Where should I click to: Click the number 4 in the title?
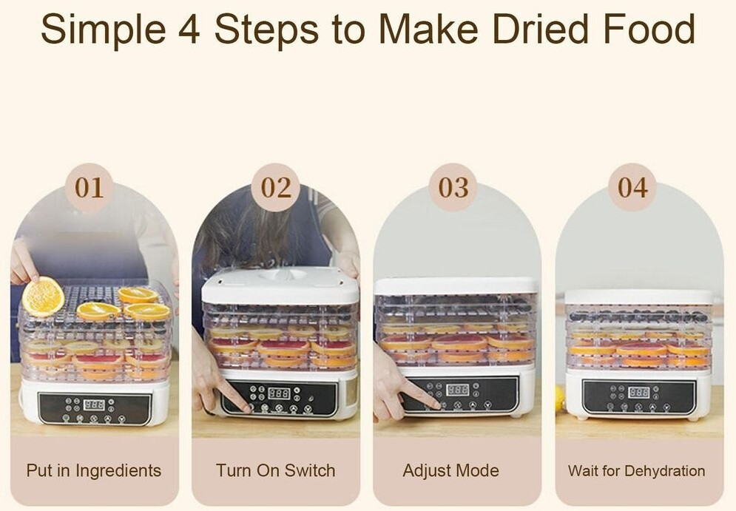[x=189, y=29]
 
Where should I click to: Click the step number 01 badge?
[x=90, y=187]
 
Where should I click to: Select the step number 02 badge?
[x=276, y=187]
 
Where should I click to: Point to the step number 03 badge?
[x=453, y=187]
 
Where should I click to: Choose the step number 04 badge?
[x=632, y=187]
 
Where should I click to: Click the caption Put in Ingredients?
[x=94, y=470]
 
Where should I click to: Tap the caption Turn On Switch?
[x=275, y=470]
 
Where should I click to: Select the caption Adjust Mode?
[x=451, y=470]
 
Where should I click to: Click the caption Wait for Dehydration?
[x=636, y=470]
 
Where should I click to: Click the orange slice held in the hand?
[x=43, y=297]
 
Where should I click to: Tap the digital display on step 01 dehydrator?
[x=94, y=405]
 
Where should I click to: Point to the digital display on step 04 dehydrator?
[x=639, y=392]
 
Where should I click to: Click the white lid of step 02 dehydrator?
[x=280, y=285]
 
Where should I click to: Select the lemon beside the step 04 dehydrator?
[x=559, y=399]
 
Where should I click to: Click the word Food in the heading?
[x=649, y=29]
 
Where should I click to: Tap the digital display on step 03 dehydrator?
[x=457, y=390]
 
